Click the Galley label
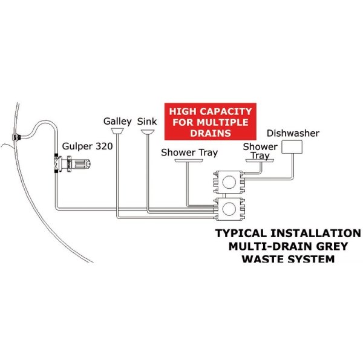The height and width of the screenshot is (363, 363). click(117, 122)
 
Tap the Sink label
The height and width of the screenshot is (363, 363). click(147, 122)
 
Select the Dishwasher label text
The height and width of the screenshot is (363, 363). click(293, 133)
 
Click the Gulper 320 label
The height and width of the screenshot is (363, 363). click(88, 146)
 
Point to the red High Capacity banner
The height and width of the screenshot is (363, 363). click(210, 122)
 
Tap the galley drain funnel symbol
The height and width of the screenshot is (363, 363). click(117, 131)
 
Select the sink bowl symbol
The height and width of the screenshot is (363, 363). click(148, 132)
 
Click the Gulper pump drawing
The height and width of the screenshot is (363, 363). click(72, 164)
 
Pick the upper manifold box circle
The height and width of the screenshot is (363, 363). click(229, 182)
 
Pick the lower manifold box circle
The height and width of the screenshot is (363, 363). click(229, 209)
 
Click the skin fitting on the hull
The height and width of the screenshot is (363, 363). click(17, 137)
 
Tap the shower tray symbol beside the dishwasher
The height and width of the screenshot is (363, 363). click(260, 161)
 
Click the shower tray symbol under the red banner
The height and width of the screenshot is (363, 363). click(189, 161)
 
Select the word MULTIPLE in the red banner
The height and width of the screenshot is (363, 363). click(223, 122)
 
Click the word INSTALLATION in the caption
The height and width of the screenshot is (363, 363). click(315, 233)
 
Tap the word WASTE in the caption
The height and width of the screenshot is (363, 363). click(262, 259)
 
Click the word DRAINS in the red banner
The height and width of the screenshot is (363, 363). click(211, 133)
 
